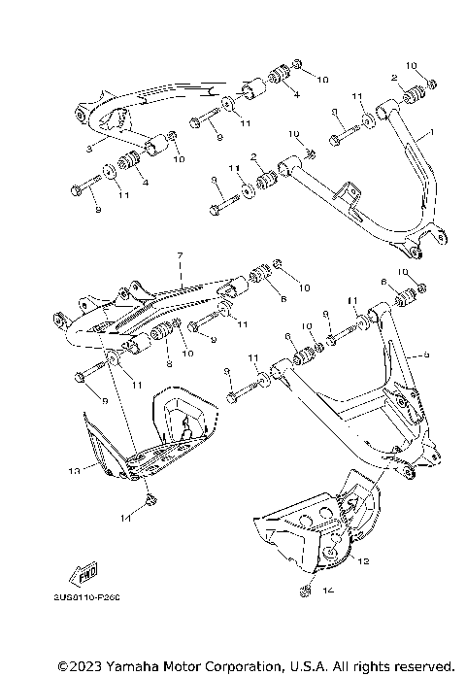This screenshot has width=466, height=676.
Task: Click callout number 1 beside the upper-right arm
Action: click(432, 131)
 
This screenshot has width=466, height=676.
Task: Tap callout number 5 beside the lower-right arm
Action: click(424, 355)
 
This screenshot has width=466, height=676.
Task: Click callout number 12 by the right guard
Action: click(364, 560)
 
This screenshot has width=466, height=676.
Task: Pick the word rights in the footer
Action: click(363, 665)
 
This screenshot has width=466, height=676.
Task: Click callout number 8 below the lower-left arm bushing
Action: click(168, 364)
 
